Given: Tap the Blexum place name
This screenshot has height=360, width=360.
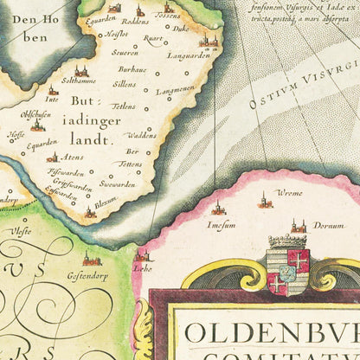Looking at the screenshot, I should coord(106,201).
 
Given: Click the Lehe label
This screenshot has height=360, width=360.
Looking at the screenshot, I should coord(143,268).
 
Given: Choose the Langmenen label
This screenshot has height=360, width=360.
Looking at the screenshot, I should coord(176,90).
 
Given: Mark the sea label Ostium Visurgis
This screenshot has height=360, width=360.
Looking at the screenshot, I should coord(299,87).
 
